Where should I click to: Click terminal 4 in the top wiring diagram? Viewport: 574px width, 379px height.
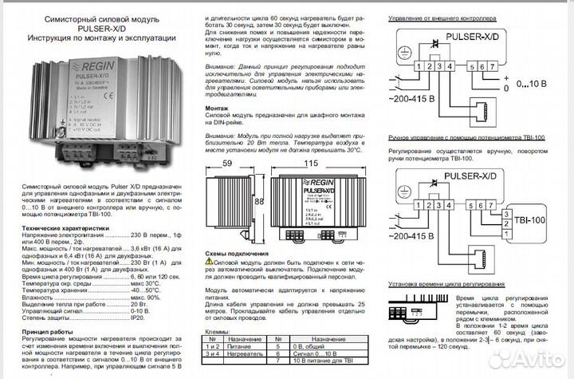pos(454,64)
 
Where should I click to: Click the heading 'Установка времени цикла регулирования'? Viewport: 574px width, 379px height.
pos(446,284)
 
